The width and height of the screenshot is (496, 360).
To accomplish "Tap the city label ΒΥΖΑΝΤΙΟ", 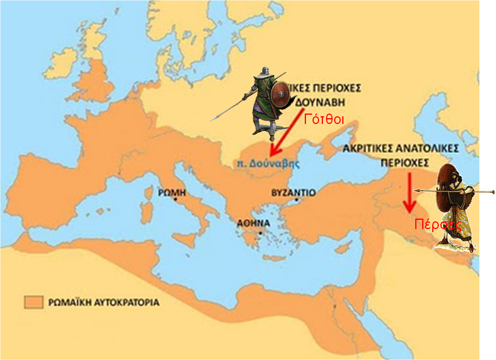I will point(294,192).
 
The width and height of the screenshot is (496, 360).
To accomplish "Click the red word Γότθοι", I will point(324,119).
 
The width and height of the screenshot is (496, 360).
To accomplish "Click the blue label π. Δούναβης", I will point(268,163).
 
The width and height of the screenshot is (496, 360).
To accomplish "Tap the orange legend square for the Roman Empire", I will point(33,302).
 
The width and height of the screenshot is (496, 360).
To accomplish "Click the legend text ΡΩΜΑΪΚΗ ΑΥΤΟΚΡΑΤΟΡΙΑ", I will point(104,302).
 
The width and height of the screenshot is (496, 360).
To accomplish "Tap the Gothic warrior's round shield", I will point(279,95).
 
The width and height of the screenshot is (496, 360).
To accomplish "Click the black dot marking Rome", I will point(176,199).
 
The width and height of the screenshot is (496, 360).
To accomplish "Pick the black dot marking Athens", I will point(261,233).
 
